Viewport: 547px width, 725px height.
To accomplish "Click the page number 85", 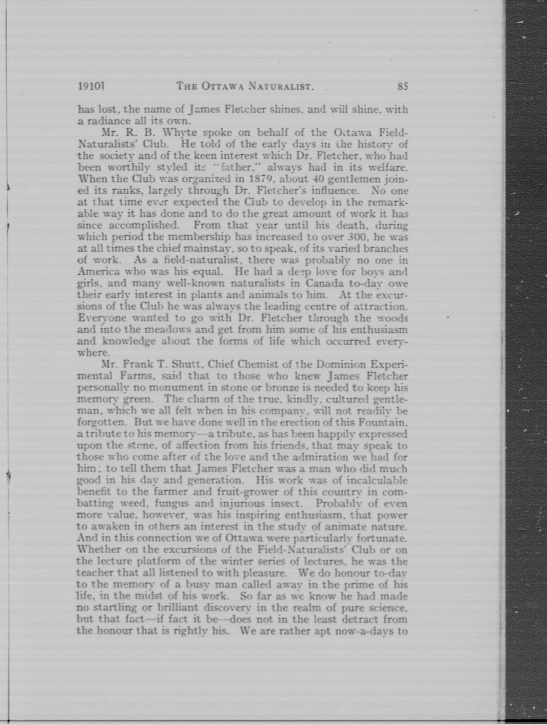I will click(x=402, y=86).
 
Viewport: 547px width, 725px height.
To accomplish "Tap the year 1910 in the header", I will click(x=91, y=86).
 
